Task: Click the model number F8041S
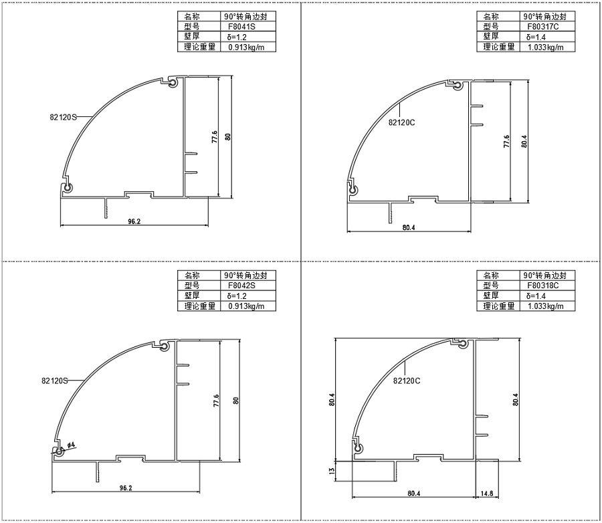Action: (x=241, y=27)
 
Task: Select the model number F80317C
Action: (x=543, y=27)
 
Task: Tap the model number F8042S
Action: (x=241, y=286)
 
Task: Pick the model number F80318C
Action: (x=543, y=286)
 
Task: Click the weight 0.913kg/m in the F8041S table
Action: (x=246, y=47)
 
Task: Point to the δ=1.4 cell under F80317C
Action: (x=536, y=37)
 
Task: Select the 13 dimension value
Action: (x=332, y=470)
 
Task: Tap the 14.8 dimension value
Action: (x=486, y=494)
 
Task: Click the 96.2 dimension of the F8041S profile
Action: (x=134, y=221)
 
